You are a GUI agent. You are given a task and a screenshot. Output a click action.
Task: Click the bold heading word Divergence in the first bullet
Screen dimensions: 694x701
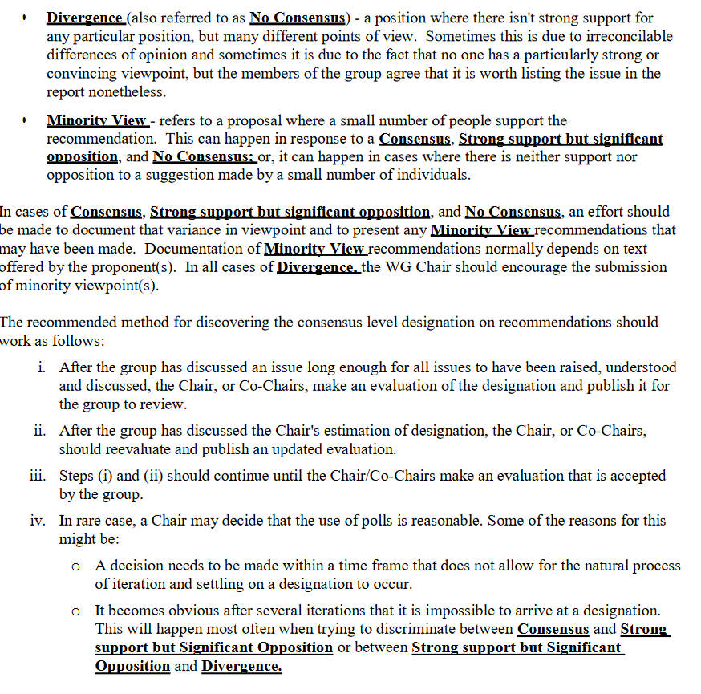[x=84, y=18]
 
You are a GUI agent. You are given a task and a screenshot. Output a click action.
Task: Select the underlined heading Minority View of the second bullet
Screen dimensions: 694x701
[x=96, y=121]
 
